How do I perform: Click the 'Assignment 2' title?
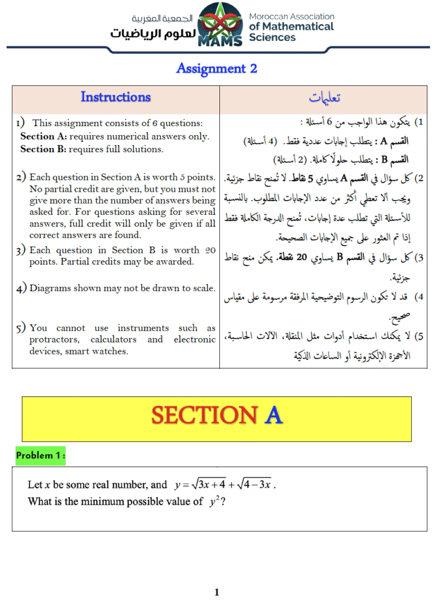click(217, 69)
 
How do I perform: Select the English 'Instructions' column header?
click(116, 97)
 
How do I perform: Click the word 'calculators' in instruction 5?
click(113, 340)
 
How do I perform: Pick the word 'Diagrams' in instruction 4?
click(49, 288)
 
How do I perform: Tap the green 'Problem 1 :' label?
click(40, 456)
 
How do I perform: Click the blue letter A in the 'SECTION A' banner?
click(273, 416)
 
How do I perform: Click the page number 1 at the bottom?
click(217, 592)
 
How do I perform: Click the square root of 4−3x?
click(254, 485)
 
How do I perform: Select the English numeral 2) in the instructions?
click(21, 178)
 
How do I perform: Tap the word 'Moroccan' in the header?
click(269, 17)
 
